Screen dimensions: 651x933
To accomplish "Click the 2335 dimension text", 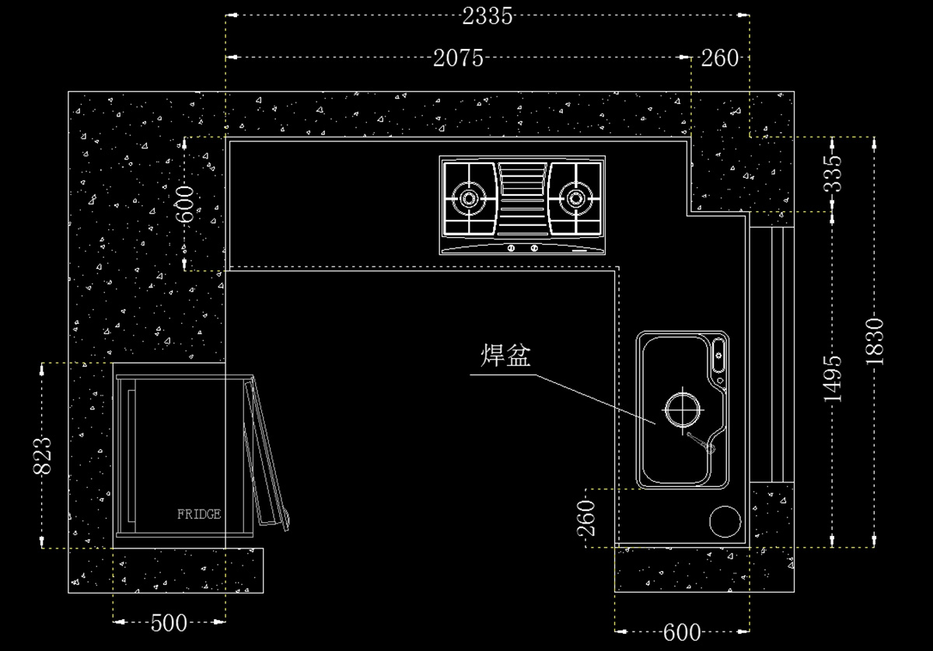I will coord(487,16).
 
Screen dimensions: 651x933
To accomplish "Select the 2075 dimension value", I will coord(459,57).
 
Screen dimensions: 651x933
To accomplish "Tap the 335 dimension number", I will coord(833,174).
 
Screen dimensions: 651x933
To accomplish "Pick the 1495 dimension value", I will coord(833,378).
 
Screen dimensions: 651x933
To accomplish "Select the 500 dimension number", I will coord(169,621).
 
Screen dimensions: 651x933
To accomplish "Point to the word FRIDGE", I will coord(199,514).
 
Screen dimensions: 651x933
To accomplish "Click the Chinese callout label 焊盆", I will coord(505,357).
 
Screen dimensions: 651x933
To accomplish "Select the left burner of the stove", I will coord(469,197).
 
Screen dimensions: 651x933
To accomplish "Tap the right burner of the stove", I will coord(576,197).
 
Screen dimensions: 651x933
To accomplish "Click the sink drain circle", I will coord(682,408).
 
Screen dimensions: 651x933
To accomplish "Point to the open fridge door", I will coord(266,454).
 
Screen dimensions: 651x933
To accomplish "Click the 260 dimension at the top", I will coord(720,57).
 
